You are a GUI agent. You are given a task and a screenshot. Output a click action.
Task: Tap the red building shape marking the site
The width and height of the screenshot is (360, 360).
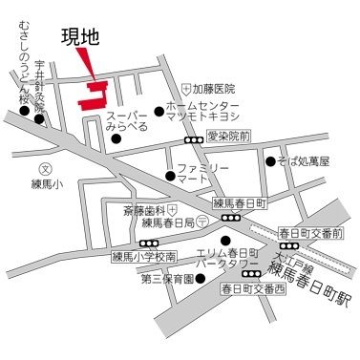click(x=95, y=96)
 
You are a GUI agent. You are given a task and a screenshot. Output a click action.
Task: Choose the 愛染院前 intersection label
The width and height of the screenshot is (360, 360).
click(x=228, y=138)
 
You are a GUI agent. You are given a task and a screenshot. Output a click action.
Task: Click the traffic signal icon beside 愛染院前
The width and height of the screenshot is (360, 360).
click(x=194, y=139)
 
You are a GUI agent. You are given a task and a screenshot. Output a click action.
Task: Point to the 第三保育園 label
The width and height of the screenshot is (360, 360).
click(x=167, y=279)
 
